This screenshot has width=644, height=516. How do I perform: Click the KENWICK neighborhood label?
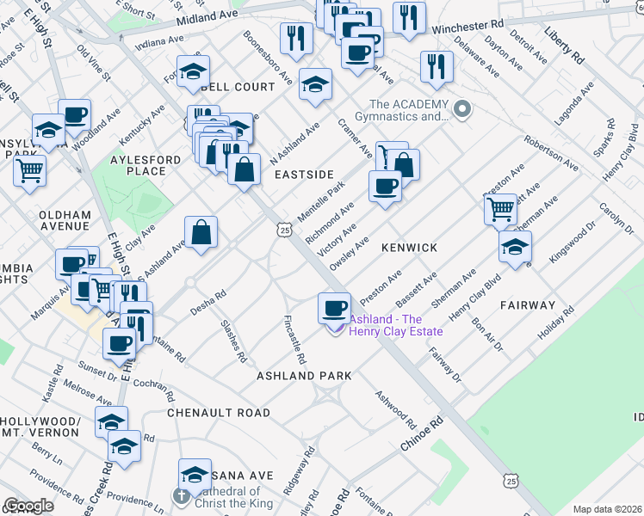tap(410, 248)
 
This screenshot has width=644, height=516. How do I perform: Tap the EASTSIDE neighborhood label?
tap(303, 175)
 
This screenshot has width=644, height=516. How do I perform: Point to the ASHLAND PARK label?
tap(305, 376)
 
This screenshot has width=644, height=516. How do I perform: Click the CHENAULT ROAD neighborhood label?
tap(219, 413)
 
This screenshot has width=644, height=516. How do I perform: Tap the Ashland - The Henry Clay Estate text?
tap(395, 325)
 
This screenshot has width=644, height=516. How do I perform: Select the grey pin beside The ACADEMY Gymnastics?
tap(463, 109)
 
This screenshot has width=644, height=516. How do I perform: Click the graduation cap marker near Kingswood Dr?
tap(515, 246)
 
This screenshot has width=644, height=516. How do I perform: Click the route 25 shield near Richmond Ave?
tap(284, 229)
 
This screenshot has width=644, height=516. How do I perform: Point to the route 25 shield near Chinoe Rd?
tap(511, 478)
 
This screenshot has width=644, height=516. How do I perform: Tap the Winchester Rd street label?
tap(466, 27)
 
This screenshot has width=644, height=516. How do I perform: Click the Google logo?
tap(28, 506)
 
